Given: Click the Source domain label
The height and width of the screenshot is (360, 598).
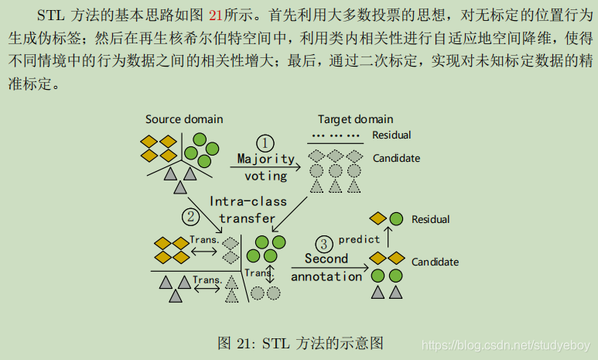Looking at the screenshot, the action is [184, 119].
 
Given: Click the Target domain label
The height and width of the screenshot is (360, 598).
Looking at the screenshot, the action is [356, 119].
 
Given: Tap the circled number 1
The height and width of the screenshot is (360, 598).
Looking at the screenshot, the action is [265, 143].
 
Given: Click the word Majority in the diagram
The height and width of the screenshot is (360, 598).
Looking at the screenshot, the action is [265, 159].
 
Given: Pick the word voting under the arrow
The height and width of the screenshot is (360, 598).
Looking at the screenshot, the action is [265, 176].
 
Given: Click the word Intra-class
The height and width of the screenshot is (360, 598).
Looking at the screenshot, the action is [248, 201].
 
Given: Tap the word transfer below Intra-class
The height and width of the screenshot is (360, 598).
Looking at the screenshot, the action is [248, 218].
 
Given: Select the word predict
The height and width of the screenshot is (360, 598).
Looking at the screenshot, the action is [359, 239].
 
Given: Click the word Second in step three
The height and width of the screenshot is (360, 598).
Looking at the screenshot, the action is [326, 259].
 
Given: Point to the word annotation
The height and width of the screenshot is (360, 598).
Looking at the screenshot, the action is [326, 276].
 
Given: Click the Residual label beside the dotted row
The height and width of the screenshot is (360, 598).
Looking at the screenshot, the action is [391, 135].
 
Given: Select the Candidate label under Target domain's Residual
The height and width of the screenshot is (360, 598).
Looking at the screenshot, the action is [396, 158].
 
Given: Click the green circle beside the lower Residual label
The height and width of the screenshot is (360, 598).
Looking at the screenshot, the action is [396, 219].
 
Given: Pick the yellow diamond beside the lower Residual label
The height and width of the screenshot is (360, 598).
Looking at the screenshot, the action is [378, 219].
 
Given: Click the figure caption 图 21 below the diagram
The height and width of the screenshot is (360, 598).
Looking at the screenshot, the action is [299, 343].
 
